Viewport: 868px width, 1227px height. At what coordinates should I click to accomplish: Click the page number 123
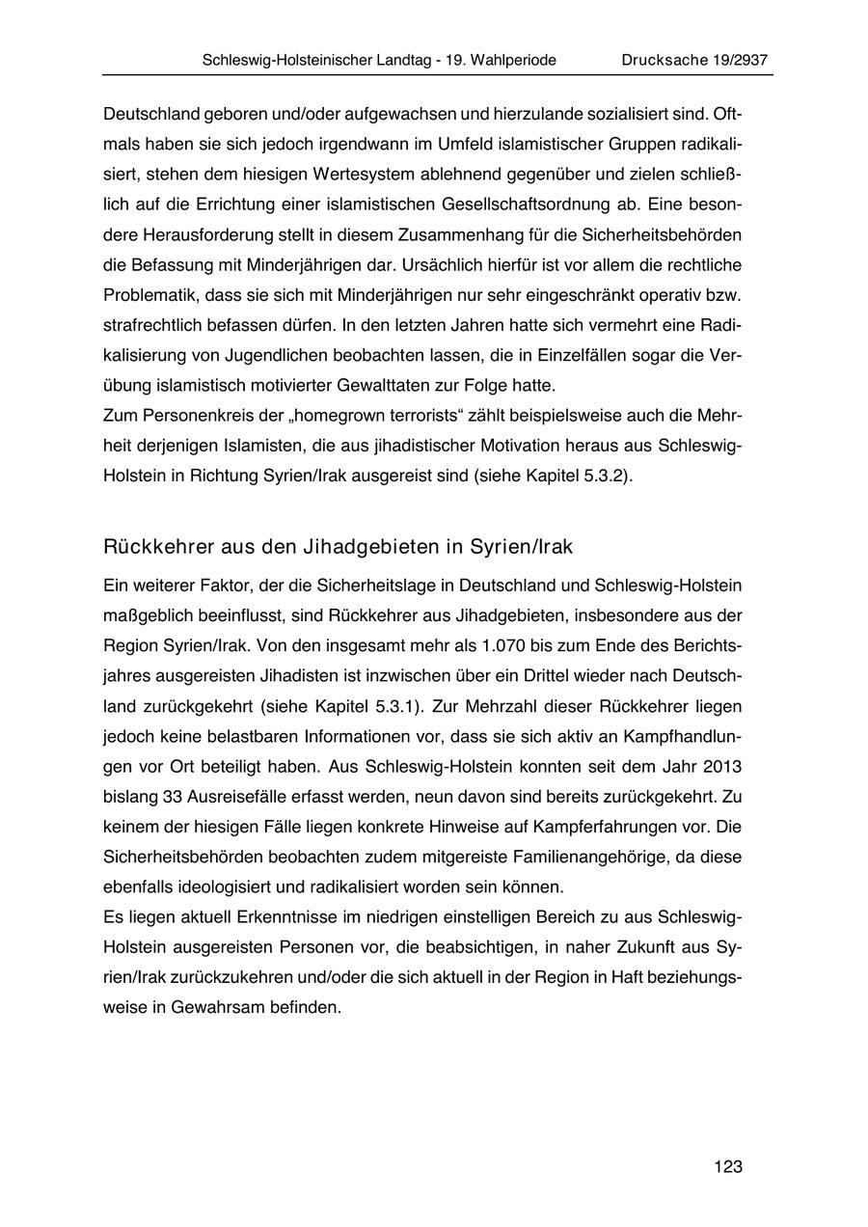(728, 1167)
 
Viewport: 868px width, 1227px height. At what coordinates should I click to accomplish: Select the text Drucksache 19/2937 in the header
(694, 60)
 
